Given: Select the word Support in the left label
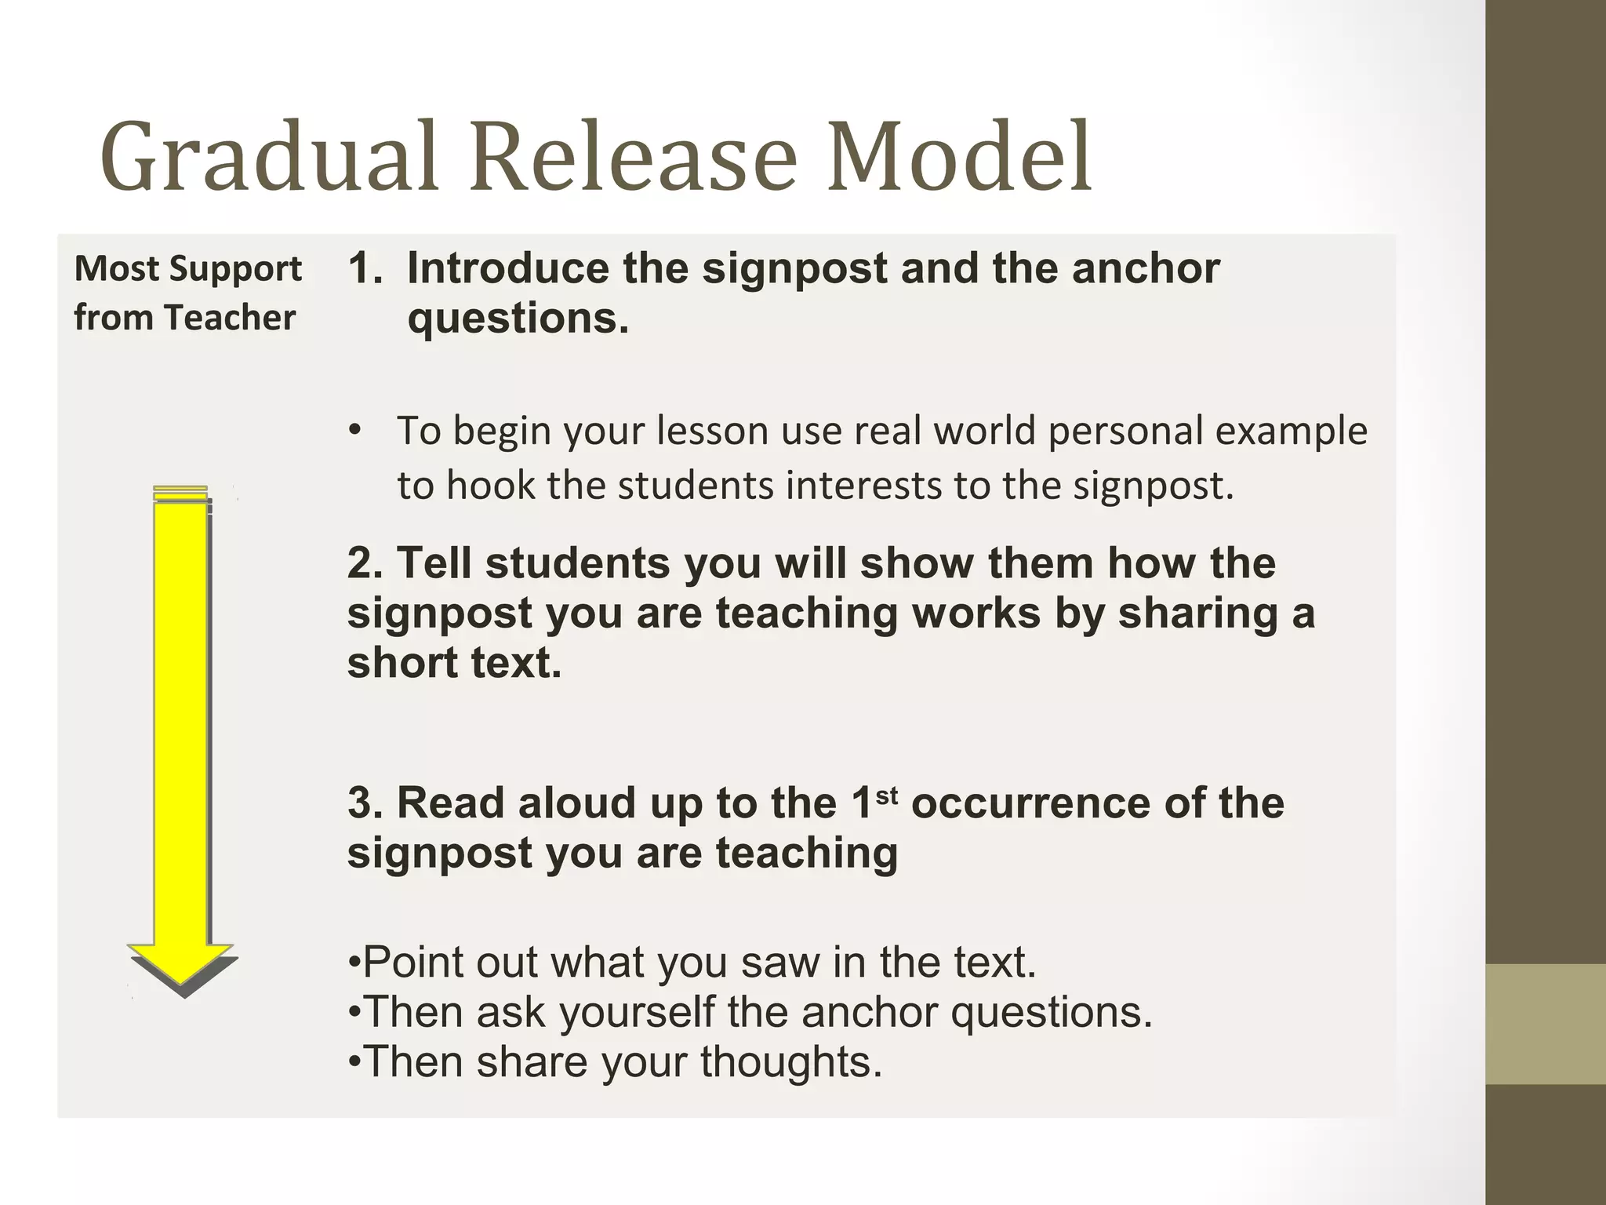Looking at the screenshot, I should [x=236, y=270].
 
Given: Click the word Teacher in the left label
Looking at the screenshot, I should [x=230, y=318].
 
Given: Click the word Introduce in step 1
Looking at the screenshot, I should [x=507, y=268].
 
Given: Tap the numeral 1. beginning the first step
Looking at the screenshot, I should [x=365, y=268].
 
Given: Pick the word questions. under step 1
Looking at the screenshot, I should [x=518, y=319].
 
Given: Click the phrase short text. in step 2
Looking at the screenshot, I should [x=455, y=663].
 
